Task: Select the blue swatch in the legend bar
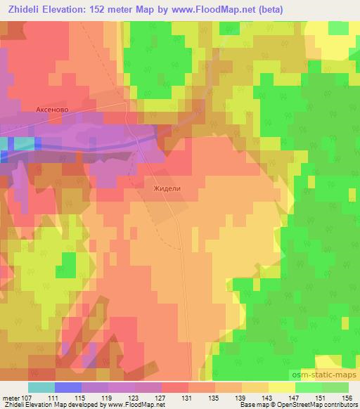coord(67,387)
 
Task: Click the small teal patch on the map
coord(23,143)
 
